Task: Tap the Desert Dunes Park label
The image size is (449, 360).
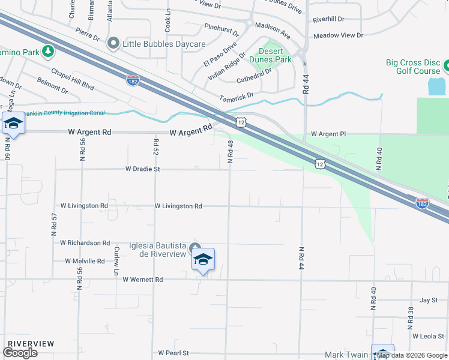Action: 275,55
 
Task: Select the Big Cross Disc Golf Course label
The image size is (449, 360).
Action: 413,67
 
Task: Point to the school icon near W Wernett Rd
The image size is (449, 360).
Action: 203,260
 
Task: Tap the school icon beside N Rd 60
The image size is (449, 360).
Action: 13,124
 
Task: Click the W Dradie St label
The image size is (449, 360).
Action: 142,170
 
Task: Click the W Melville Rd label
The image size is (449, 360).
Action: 85,262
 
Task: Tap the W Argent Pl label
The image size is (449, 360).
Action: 328,134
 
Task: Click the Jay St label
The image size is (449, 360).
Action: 429,299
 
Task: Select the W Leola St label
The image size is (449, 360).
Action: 429,336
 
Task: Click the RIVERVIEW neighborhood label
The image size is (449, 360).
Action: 30,344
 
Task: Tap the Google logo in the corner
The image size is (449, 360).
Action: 20,353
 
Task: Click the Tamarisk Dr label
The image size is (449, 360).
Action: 237,95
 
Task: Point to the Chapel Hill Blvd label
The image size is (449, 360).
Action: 73,79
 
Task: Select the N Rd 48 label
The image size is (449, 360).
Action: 230,152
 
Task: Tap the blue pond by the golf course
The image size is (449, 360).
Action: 436,86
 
